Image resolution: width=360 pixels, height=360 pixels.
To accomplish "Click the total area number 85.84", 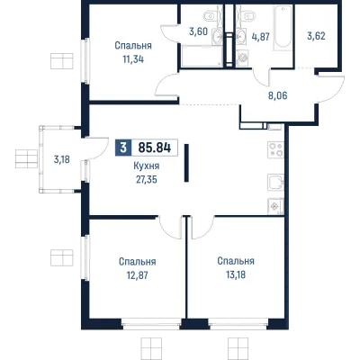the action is coord(155,148).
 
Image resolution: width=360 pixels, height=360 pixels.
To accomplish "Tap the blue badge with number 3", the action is coord(123,148).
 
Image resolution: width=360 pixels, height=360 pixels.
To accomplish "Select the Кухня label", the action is coord(147,166).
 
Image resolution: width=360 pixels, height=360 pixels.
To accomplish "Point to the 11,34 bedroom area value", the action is coord(133,59).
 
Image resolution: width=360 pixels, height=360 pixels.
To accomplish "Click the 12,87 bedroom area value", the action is coord(137,275).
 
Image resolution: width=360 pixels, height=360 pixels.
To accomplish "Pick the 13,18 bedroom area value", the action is coord(236,274).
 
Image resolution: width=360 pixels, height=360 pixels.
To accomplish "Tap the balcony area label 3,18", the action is coord(62,159).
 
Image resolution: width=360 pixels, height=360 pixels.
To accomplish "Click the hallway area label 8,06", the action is coord(277,96).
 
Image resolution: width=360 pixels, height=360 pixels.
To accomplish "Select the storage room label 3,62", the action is coord(316,36).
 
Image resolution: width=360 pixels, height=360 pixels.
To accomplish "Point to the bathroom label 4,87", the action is coord(260,37).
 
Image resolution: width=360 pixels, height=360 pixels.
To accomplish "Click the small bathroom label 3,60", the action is coord(198,31).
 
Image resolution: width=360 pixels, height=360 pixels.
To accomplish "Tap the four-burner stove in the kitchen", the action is coord(275,150).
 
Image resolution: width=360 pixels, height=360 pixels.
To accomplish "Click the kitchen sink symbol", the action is coord(275,182).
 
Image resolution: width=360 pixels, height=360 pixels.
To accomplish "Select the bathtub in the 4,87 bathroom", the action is coord(283,28).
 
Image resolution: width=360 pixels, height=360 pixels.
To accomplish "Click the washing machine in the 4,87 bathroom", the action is coord(242,58).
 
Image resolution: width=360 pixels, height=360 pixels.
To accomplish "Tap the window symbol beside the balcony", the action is coord(26,158).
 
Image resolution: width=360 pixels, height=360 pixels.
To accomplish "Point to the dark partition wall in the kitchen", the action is coord(186,163).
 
